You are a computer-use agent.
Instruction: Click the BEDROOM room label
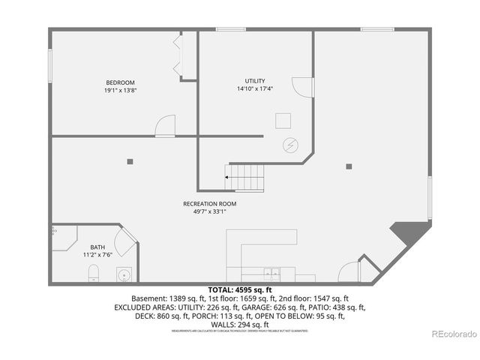120,82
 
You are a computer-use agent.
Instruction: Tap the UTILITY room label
255,81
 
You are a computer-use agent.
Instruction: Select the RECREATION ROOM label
210,204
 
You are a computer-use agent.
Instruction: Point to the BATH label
97,247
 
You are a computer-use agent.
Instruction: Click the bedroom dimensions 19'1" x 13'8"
120,91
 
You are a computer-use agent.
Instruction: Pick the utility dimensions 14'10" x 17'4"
255,89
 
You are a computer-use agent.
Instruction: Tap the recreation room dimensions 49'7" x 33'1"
210,211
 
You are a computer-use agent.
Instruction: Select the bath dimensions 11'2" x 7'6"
97,255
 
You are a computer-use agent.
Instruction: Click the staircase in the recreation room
247,178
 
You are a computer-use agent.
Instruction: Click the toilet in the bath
93,272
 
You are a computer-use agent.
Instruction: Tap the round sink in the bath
122,275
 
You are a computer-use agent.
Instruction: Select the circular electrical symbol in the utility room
289,145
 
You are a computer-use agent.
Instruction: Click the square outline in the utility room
283,121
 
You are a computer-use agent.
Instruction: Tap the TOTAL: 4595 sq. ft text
240,289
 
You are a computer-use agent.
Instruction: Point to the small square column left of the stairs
130,160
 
